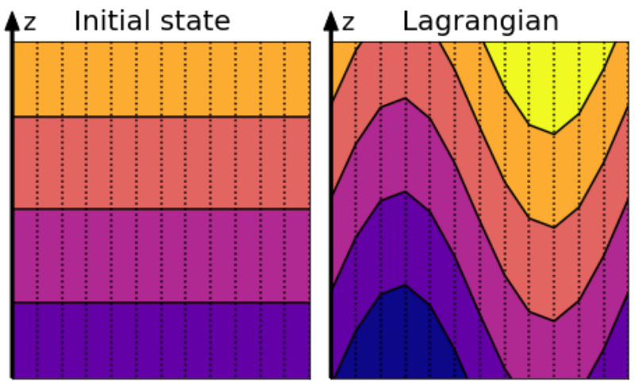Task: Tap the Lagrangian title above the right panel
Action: click(479, 21)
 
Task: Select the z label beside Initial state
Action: click(29, 22)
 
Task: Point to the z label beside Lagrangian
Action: click(348, 22)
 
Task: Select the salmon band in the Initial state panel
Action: click(159, 163)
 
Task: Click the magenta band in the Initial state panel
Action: click(159, 256)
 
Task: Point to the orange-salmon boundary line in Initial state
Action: click(159, 117)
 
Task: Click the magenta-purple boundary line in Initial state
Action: click(159, 303)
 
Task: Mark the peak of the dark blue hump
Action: click(406, 287)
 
